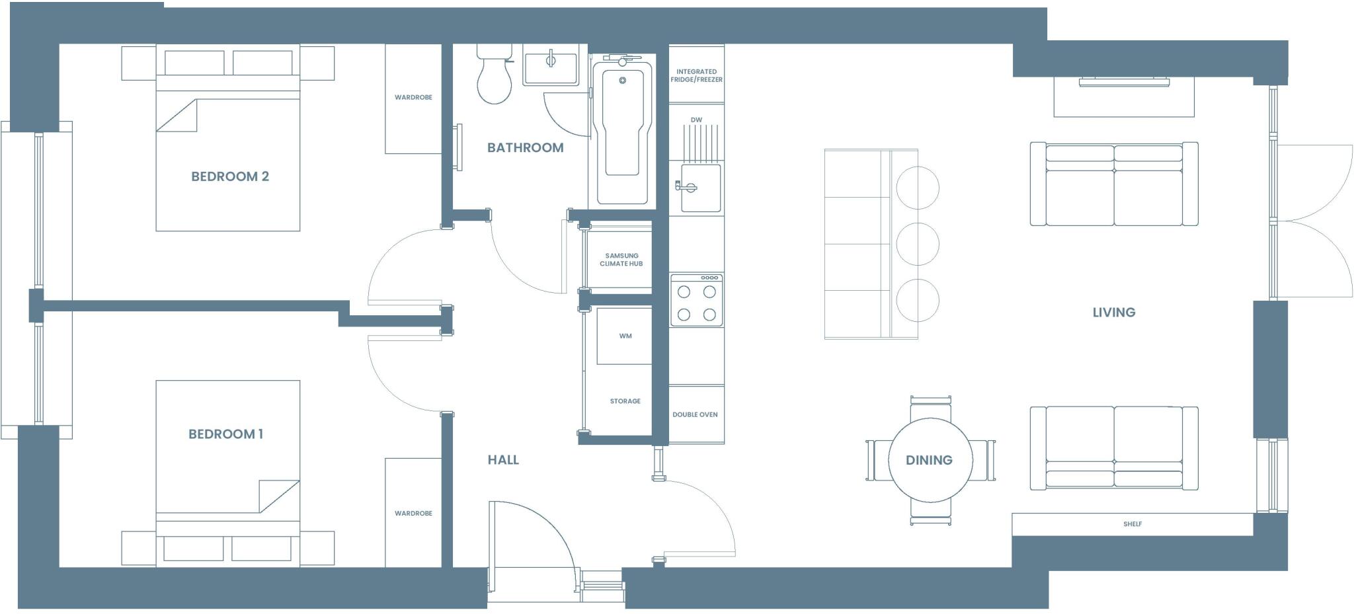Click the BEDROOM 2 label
coord(229,176)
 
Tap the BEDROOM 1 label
coord(225,434)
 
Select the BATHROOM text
coord(525,147)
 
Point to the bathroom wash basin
coord(550,68)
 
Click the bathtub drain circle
coord(622,81)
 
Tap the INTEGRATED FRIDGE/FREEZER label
coord(696,75)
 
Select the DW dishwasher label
coord(696,120)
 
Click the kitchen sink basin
coord(701,188)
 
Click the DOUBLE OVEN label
coord(695,414)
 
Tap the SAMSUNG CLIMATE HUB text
coord(621,259)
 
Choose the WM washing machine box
coord(625,336)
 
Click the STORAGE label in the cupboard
coord(625,401)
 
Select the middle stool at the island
coord(918,244)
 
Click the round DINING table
coord(930,460)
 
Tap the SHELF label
coord(1132,524)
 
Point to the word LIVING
coord(1113,312)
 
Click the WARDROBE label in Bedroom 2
coord(413,97)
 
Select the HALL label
coord(503,460)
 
